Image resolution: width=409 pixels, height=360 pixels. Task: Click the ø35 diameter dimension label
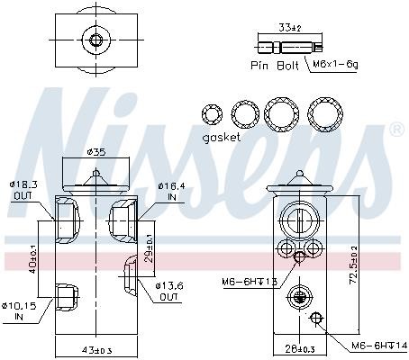(x=96, y=152)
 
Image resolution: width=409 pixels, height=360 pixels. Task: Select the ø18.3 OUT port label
(x=23, y=190)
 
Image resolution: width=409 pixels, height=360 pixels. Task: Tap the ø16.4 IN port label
(x=172, y=192)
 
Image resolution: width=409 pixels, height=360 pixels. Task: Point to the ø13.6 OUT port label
(x=169, y=292)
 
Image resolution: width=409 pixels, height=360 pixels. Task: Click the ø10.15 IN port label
(x=19, y=311)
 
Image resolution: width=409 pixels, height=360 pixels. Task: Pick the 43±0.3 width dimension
(x=96, y=350)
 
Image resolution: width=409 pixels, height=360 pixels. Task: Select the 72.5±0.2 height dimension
(x=354, y=265)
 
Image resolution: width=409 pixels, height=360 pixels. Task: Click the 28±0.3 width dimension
(x=299, y=349)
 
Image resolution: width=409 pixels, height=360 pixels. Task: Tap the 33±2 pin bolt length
(x=290, y=28)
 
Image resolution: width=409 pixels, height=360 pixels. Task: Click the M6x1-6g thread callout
(x=335, y=64)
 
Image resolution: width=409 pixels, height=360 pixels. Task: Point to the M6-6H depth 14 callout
(x=379, y=346)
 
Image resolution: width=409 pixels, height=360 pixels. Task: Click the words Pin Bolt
(x=275, y=66)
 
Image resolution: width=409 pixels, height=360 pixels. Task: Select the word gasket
(x=222, y=138)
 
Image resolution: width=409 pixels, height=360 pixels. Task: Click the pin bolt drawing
(x=290, y=48)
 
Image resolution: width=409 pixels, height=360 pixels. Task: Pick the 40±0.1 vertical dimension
(x=33, y=259)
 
